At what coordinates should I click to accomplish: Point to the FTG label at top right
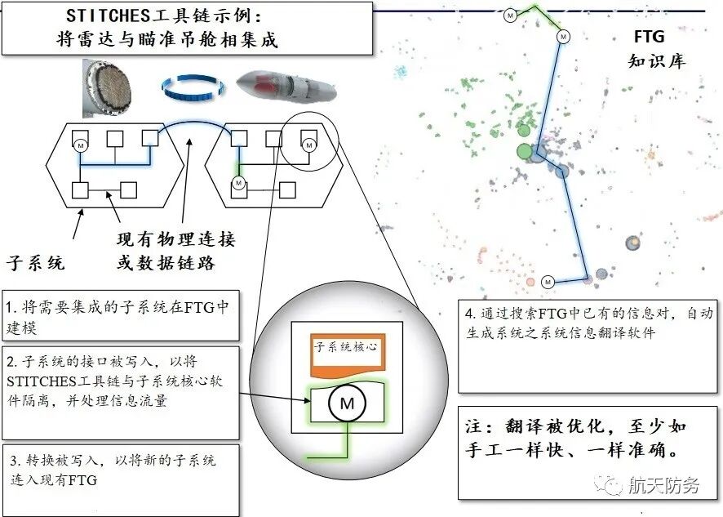649,37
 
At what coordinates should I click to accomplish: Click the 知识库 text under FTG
656,61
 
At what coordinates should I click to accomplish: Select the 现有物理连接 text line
176,240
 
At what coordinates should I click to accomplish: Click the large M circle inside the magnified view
347,403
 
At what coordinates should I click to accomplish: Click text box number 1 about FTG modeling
121,315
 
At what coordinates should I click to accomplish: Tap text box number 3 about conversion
121,479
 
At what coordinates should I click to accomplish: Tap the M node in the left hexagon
81,145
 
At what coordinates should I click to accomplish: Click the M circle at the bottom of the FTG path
548,281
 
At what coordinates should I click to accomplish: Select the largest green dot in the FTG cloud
525,151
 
